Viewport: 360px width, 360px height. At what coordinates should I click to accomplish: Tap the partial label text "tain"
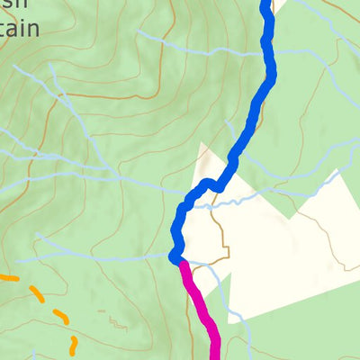[20, 29]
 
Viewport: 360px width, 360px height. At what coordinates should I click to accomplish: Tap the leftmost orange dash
[7, 277]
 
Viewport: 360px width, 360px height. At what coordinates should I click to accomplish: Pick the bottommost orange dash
[73, 344]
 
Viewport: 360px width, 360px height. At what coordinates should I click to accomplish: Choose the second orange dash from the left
[37, 293]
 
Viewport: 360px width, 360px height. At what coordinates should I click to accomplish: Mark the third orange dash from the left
[59, 315]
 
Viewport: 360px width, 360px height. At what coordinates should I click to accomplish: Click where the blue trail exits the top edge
[265, 3]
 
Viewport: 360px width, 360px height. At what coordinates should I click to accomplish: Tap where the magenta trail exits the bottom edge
[216, 356]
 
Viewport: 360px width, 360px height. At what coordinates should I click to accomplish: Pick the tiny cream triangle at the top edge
[279, 4]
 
